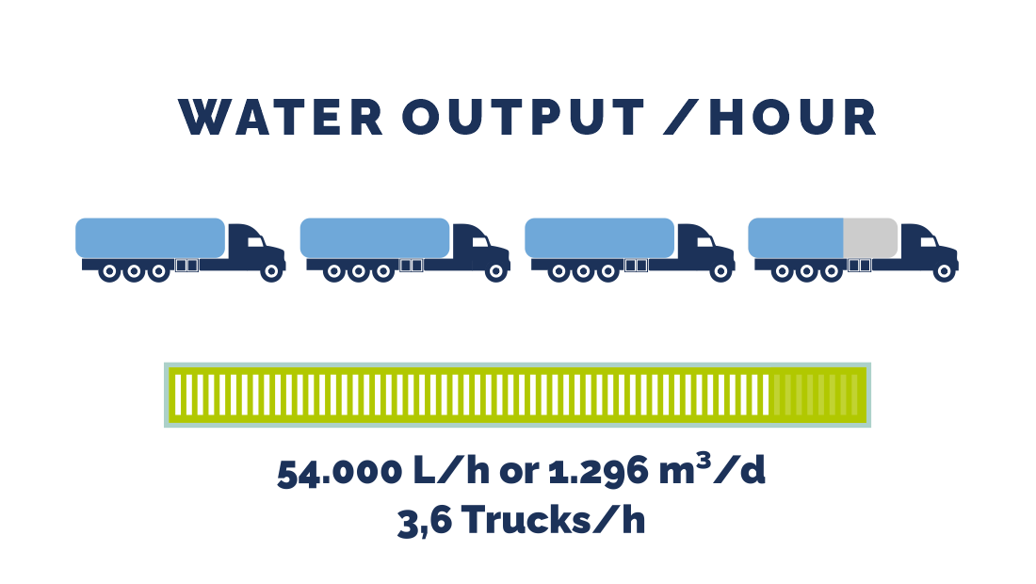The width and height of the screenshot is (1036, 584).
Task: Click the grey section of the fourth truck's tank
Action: coord(870,237)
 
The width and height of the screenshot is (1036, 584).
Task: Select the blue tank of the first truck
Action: coord(150,237)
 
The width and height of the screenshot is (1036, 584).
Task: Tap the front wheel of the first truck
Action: coord(272,272)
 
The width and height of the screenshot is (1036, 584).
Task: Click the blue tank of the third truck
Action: coord(599,237)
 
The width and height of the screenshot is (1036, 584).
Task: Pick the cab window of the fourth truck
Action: coord(928,242)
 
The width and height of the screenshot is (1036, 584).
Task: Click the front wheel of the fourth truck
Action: coord(945,272)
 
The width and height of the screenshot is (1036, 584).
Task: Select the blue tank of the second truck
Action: coord(374,237)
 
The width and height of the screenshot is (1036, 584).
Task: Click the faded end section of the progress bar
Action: coord(816,395)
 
